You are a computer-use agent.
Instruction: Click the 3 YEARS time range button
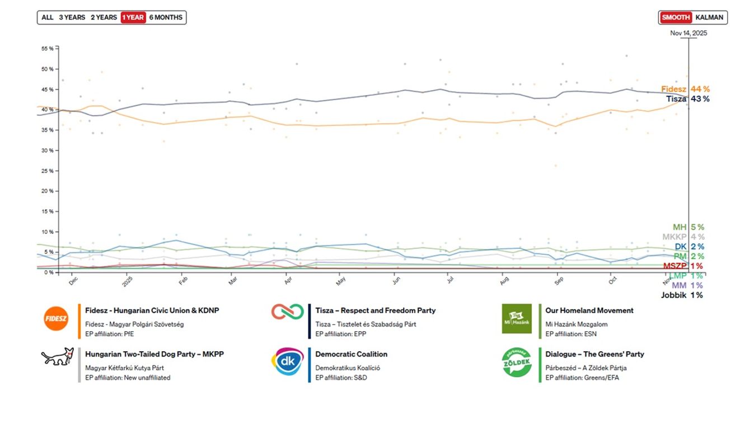click(x=72, y=17)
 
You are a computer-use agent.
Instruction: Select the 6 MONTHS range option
click(x=166, y=17)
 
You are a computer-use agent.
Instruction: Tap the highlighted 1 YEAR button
click(x=133, y=17)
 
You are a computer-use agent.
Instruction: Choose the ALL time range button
click(x=48, y=17)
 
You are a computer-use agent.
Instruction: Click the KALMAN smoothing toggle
click(x=709, y=17)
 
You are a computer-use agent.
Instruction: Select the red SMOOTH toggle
click(x=676, y=17)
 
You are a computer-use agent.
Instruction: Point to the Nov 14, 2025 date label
click(x=689, y=33)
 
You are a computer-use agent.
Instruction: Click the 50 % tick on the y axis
click(x=48, y=69)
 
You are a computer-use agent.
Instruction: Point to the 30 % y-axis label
click(x=48, y=150)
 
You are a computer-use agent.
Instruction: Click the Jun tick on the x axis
click(x=396, y=280)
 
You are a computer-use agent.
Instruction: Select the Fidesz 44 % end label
click(x=685, y=89)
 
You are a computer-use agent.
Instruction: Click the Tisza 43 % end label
click(x=687, y=99)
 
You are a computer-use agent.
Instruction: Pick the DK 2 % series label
click(x=689, y=247)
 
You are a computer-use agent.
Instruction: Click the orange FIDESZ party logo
click(x=55, y=319)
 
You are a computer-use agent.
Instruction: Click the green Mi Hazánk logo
click(x=517, y=319)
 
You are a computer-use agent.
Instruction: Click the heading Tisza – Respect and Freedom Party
click(x=375, y=310)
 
